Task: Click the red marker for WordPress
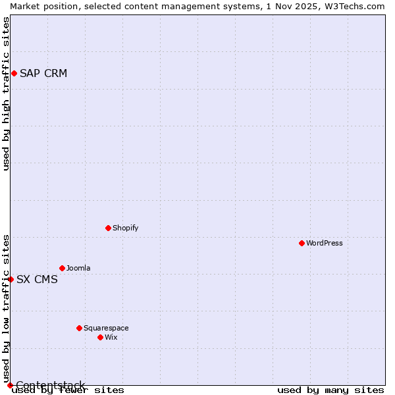tap(302, 243)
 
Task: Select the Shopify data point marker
tap(108, 228)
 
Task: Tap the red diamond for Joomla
tap(62, 268)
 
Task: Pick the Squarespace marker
tap(79, 328)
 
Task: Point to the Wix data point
tap(100, 337)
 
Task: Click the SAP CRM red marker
tap(14, 73)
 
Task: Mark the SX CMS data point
tap(11, 279)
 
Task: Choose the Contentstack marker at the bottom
tap(10, 385)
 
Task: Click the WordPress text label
tap(325, 243)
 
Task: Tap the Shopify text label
tap(126, 228)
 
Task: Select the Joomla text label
tap(78, 268)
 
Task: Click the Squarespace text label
tap(106, 328)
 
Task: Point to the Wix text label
tap(111, 337)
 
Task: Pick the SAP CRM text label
tap(43, 73)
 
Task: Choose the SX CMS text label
tap(37, 279)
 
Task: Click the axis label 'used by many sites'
tap(330, 390)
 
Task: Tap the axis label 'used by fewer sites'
tap(68, 390)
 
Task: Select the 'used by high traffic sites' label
tap(6, 93)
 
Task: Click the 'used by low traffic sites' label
tap(6, 308)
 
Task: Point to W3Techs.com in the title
tap(354, 6)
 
